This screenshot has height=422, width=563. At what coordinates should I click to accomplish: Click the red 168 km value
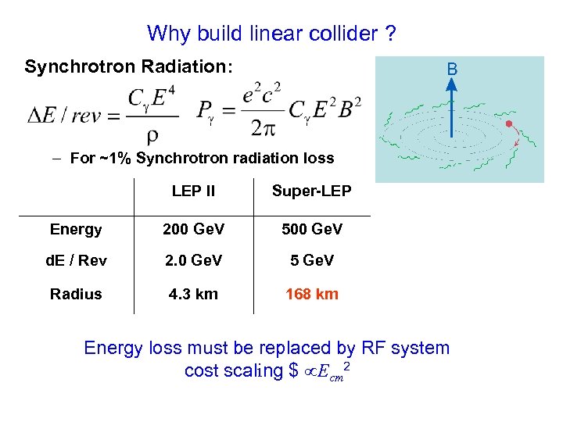pyautogui.click(x=311, y=294)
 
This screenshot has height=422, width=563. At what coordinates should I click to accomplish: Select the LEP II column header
pyautogui.click(x=193, y=191)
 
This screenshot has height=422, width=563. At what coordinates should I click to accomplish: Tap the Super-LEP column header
pyautogui.click(x=311, y=191)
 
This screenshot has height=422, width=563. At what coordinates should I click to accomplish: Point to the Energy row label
pyautogui.click(x=76, y=229)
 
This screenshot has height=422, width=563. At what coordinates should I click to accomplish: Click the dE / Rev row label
pyautogui.click(x=77, y=260)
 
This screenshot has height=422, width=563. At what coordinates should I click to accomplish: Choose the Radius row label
pyautogui.click(x=76, y=294)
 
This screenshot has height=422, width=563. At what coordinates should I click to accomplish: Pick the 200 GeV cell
pyautogui.click(x=193, y=229)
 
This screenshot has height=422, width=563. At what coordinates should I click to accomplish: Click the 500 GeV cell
pyautogui.click(x=311, y=229)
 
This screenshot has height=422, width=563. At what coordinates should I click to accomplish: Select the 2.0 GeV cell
pyautogui.click(x=193, y=260)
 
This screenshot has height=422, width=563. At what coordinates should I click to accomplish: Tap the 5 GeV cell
pyautogui.click(x=312, y=260)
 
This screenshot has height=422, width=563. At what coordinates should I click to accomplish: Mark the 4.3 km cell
pyautogui.click(x=193, y=294)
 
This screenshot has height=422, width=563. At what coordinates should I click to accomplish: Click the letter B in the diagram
pyautogui.click(x=452, y=70)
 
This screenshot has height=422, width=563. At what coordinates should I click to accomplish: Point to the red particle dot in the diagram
pyautogui.click(x=509, y=123)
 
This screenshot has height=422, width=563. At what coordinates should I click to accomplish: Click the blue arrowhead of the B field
pyautogui.click(x=451, y=88)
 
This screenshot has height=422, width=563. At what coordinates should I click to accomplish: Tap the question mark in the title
pyautogui.click(x=389, y=34)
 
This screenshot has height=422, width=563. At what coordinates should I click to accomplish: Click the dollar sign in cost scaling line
pyautogui.click(x=293, y=370)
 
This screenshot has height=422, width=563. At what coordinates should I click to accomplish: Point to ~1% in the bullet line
pyautogui.click(x=116, y=159)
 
